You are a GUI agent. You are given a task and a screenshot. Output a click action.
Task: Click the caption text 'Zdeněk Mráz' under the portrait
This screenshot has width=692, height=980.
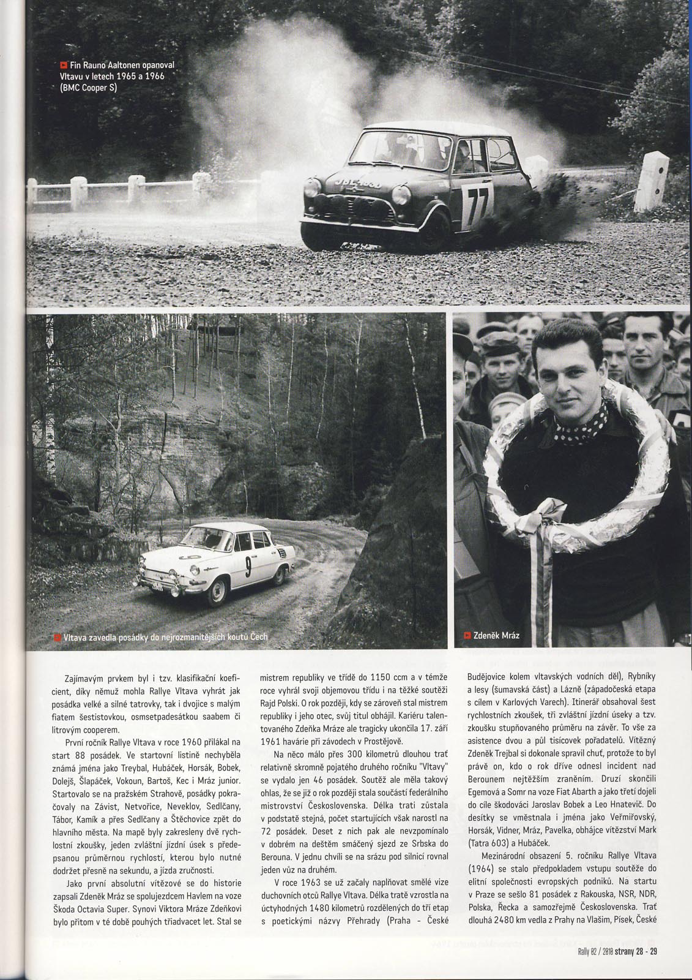pos(496,635)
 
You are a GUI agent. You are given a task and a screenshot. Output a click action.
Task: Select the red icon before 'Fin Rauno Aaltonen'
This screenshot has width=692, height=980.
pos(63,65)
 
